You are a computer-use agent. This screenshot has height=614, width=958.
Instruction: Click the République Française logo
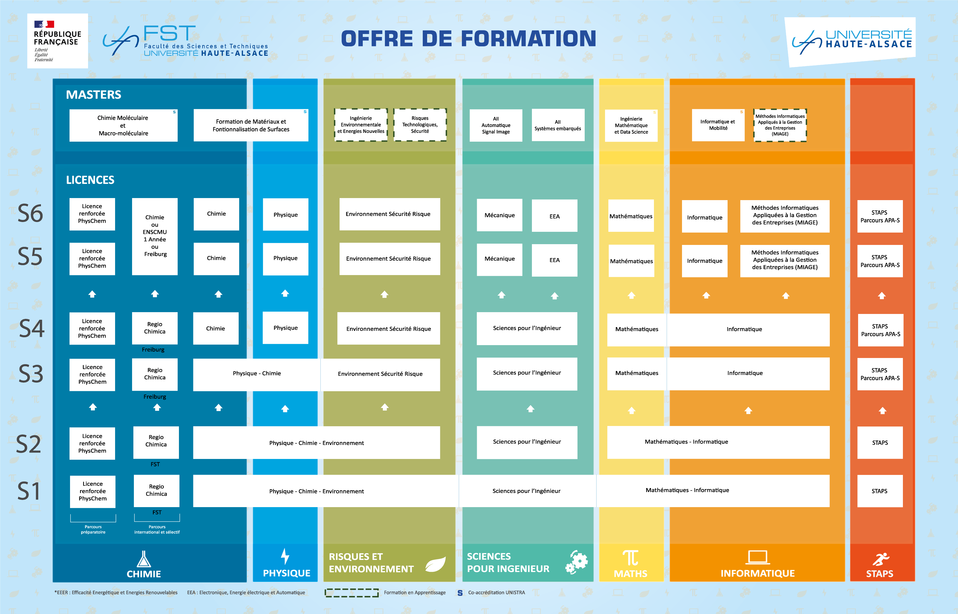click(57, 41)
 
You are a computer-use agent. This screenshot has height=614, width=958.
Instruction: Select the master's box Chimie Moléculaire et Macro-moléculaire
click(123, 125)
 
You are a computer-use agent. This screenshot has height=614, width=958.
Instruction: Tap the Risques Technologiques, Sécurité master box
click(420, 125)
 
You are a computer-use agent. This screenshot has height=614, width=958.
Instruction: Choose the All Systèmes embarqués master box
click(558, 125)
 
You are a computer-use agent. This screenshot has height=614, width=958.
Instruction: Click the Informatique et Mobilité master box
click(718, 125)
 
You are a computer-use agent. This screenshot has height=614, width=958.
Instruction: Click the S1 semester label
click(29, 491)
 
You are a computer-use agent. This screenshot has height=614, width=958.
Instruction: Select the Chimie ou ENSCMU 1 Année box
click(155, 236)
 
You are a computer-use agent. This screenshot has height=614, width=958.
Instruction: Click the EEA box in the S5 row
click(554, 260)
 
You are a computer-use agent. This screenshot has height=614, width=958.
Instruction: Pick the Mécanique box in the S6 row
click(499, 215)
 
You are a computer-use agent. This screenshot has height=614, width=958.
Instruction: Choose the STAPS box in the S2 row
click(880, 442)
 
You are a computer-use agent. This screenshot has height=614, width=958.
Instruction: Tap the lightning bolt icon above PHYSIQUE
click(285, 556)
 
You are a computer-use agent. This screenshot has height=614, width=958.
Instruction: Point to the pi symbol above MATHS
click(631, 558)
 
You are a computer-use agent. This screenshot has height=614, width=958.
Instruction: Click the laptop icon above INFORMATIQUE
click(757, 557)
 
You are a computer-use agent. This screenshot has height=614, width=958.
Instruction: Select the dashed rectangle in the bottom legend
click(351, 592)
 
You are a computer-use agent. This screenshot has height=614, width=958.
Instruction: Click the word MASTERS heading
click(94, 95)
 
